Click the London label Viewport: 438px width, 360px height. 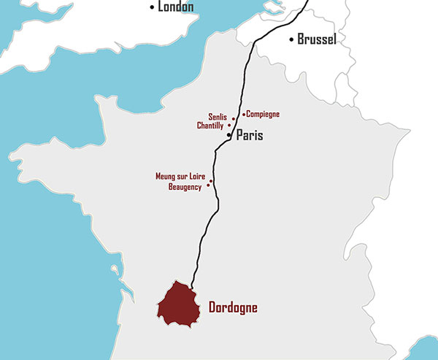(177, 7)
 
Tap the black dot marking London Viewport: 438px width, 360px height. (153, 7)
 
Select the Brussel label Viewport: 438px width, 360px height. (317, 39)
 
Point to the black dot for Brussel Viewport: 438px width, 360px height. (292, 39)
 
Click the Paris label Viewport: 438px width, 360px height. (249, 136)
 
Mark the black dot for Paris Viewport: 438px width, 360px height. (229, 136)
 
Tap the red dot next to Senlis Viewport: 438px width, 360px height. (233, 118)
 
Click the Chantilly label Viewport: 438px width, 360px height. (211, 126)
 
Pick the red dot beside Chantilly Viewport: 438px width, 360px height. (229, 126)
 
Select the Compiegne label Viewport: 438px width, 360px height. (263, 114)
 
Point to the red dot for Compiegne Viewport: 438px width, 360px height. (243, 114)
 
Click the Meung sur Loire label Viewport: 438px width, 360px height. (181, 176)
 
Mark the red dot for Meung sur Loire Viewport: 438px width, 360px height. (212, 180)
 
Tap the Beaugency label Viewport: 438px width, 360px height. (185, 187)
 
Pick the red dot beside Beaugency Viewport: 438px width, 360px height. (209, 185)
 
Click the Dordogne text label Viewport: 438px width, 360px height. (233, 307)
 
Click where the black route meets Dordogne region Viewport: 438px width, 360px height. (191, 286)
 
